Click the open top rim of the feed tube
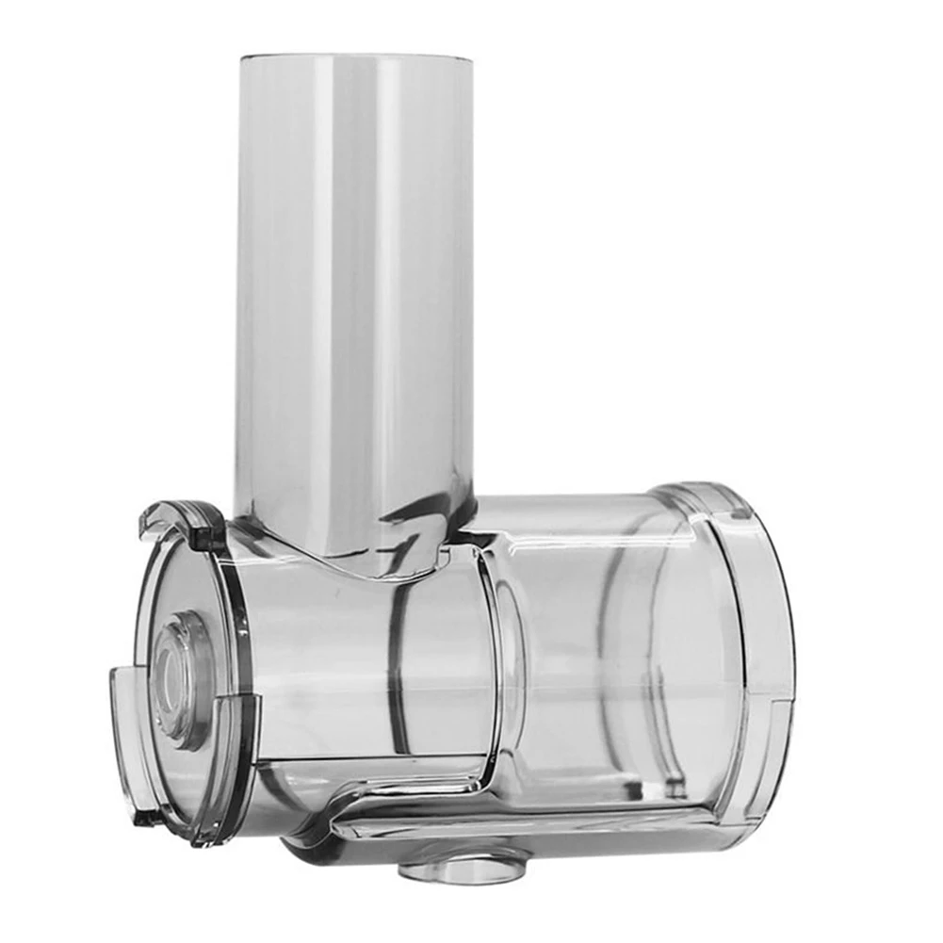point(355,57)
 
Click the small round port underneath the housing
point(462,866)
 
